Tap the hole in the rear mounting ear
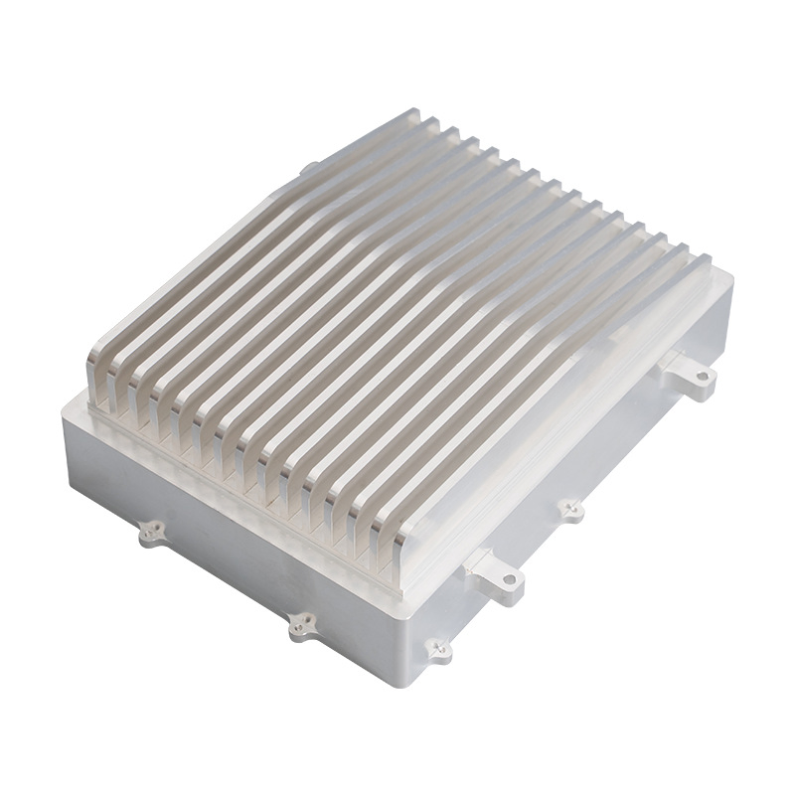pyautogui.click(x=702, y=377)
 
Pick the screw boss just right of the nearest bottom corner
pyautogui.click(x=438, y=651)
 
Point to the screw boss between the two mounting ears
pyautogui.click(x=571, y=510)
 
